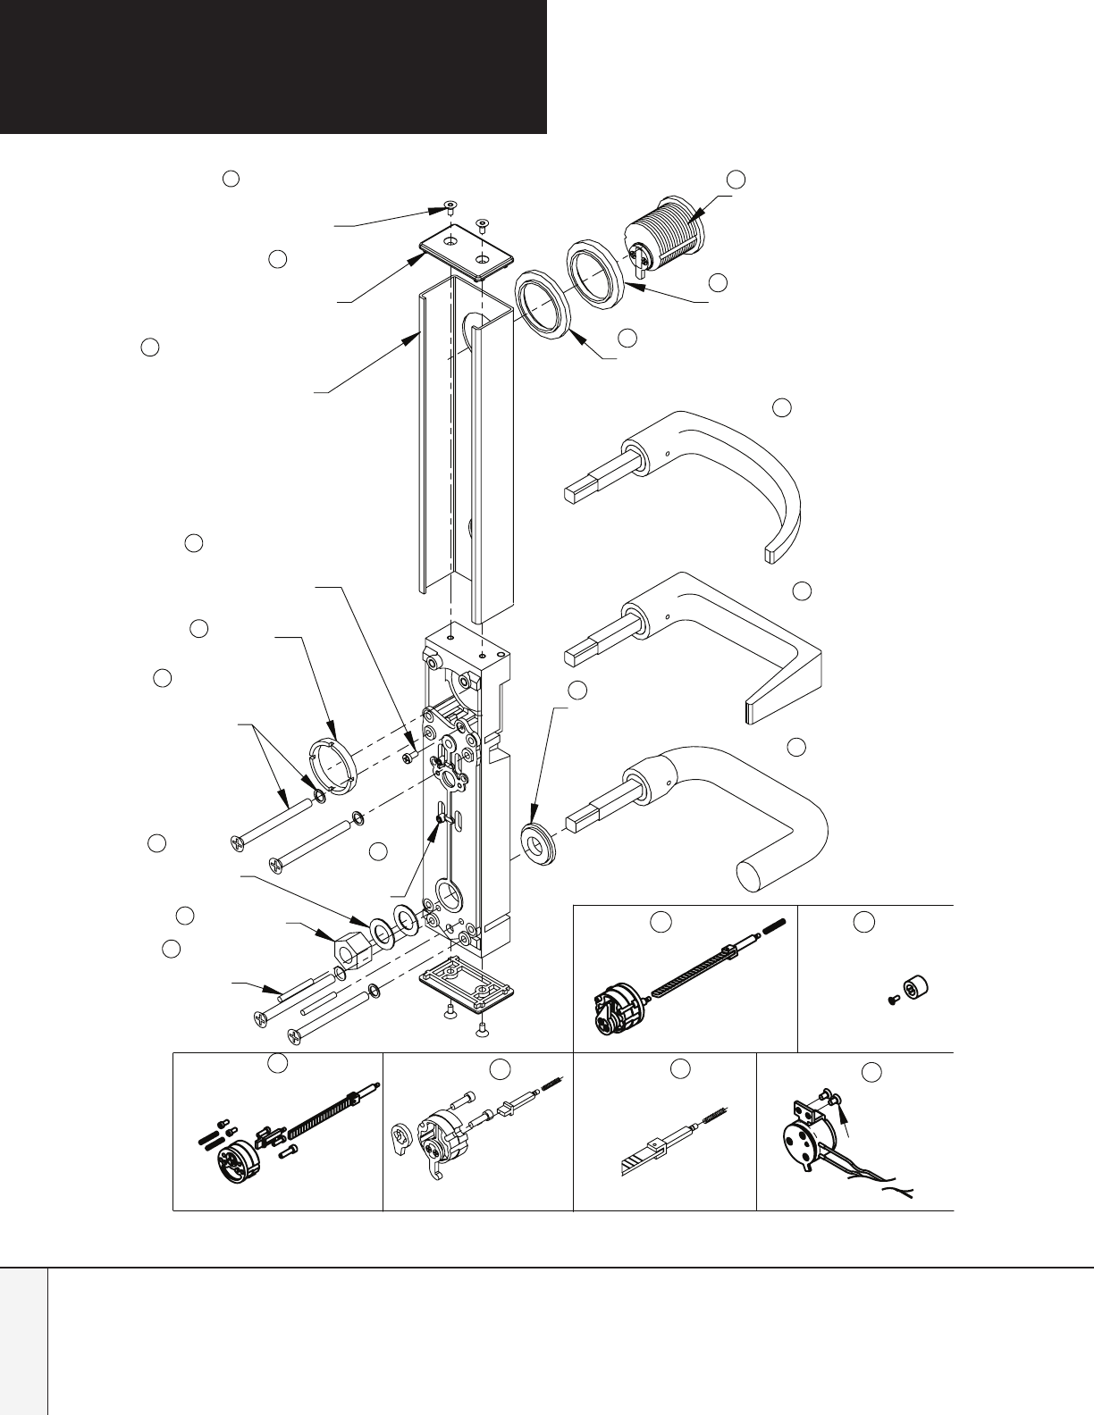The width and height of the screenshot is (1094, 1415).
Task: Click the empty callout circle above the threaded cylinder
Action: tap(736, 178)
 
